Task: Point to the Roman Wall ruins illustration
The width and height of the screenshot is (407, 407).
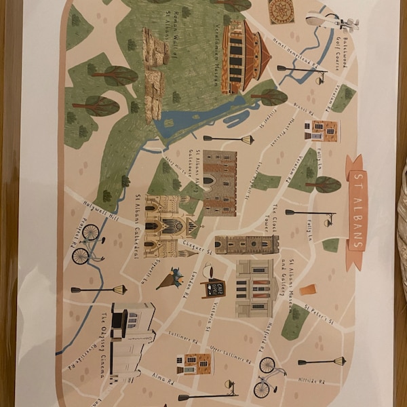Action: [155, 75]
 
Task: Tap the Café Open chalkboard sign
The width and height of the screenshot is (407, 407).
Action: [213, 288]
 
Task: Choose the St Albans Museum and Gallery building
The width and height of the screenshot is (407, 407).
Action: [255, 288]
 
